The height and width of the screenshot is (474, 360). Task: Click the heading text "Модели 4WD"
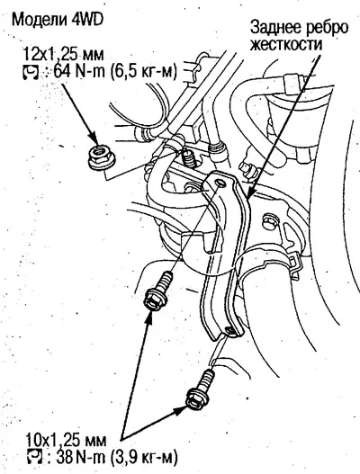tap(58, 19)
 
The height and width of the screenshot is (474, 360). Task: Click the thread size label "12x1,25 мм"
tap(64, 55)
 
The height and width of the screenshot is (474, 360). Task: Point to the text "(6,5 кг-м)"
tap(143, 73)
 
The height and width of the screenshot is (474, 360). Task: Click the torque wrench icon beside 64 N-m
tap(31, 73)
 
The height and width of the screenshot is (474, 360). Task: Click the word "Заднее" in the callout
tap(276, 28)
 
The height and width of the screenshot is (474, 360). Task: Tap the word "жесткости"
tap(286, 45)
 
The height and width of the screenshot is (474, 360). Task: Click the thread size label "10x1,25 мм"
tap(66, 441)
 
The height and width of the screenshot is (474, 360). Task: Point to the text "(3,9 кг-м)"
tap(144, 459)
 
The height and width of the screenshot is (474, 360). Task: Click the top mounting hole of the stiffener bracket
tap(221, 183)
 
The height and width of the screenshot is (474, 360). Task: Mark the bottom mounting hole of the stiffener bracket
tap(229, 330)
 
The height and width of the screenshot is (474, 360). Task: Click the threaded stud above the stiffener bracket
tap(187, 158)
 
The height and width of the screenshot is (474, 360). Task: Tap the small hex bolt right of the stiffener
tap(268, 221)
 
